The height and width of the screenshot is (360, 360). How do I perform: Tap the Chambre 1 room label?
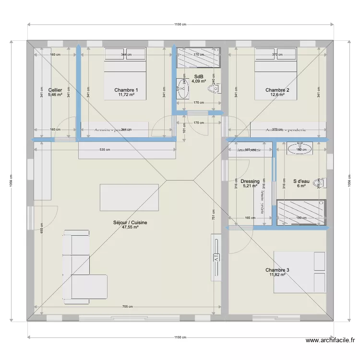pyautogui.click(x=126, y=90)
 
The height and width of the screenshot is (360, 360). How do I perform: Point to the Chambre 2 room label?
pyautogui.click(x=277, y=90)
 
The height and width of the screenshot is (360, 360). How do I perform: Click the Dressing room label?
pyautogui.click(x=251, y=181)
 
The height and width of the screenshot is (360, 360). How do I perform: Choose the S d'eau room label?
pyautogui.click(x=301, y=181)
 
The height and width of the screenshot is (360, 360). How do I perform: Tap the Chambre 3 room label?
pyautogui.click(x=277, y=270)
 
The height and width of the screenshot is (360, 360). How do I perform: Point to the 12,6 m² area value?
pyautogui.click(x=277, y=95)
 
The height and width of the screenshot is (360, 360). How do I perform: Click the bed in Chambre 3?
pyautogui.click(x=300, y=272)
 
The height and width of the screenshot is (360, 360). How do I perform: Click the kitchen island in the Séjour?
pyautogui.click(x=129, y=197)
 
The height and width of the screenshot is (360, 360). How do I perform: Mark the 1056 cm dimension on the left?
pyautogui.click(x=11, y=181)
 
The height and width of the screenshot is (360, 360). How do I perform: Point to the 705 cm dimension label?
pyautogui.click(x=127, y=307)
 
